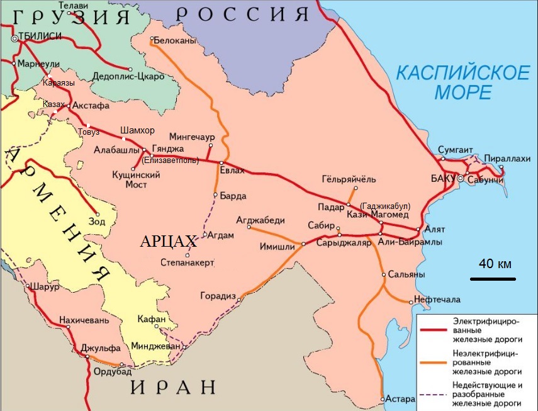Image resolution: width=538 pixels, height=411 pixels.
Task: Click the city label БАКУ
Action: point(442,179)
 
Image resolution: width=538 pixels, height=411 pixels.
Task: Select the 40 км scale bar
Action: point(494,278)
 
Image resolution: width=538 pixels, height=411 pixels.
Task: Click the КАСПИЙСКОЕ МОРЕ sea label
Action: point(462,82)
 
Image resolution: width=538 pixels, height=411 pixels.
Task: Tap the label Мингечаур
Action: point(192,137)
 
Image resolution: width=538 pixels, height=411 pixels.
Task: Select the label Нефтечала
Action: point(437,299)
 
